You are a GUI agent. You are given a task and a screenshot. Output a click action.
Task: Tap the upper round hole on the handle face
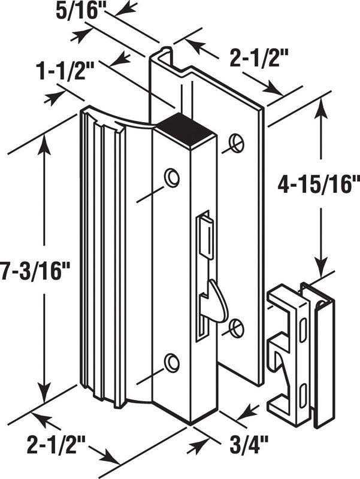173,177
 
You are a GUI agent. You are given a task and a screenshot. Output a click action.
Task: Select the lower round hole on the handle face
172,363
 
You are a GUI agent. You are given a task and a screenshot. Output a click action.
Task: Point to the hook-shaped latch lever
213,299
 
